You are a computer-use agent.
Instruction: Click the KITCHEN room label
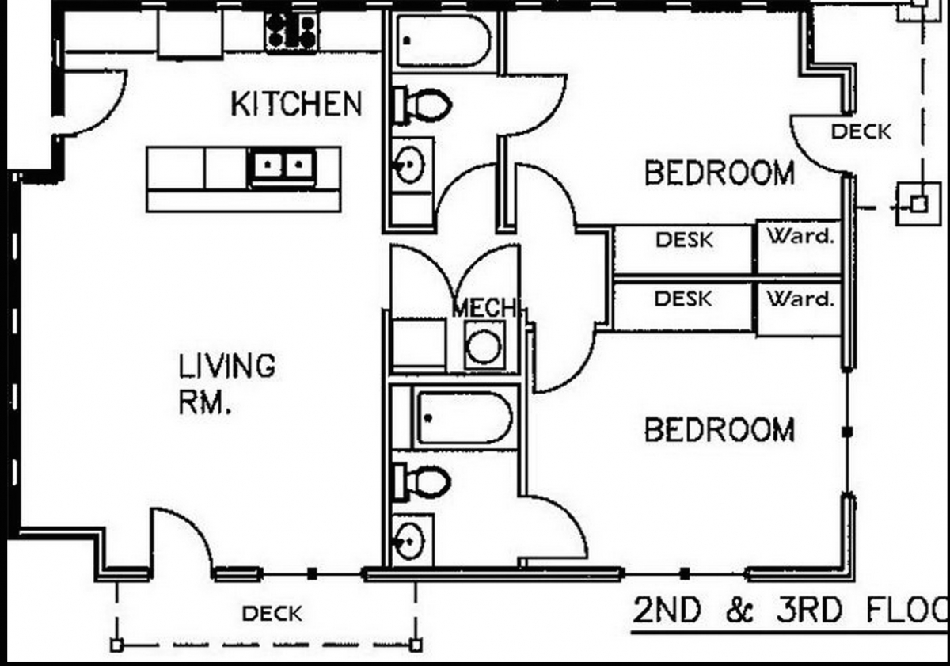pyautogui.click(x=296, y=104)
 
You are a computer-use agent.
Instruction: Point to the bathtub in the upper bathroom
pyautogui.click(x=444, y=41)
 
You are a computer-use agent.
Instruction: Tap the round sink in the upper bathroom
pyautogui.click(x=409, y=164)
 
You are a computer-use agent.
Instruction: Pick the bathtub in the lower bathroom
pyautogui.click(x=465, y=418)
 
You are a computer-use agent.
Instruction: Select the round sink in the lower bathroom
pyautogui.click(x=409, y=542)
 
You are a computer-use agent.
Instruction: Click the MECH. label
pyautogui.click(x=485, y=307)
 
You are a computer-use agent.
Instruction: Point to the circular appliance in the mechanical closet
pyautogui.click(x=484, y=347)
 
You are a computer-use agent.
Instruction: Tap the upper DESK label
pyautogui.click(x=685, y=241)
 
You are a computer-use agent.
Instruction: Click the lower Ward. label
pyautogui.click(x=800, y=299)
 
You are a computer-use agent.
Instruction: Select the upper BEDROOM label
pyautogui.click(x=720, y=173)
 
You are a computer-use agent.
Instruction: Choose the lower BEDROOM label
pyautogui.click(x=720, y=430)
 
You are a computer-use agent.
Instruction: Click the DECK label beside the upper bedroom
pyautogui.click(x=861, y=132)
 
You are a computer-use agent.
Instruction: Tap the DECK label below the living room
pyautogui.click(x=272, y=614)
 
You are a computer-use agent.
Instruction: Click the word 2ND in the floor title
pyautogui.click(x=667, y=610)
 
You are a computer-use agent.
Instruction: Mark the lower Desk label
pyautogui.click(x=683, y=299)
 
